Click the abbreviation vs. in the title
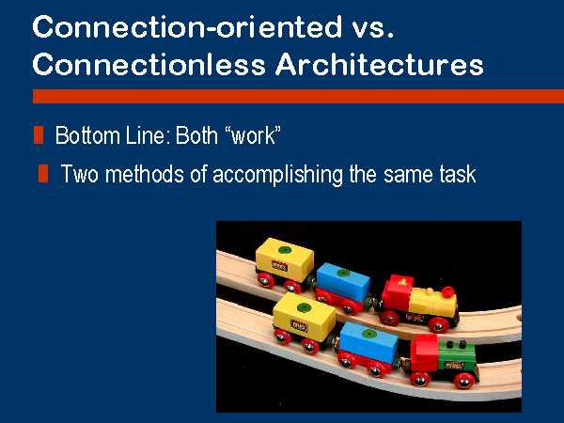[372, 28]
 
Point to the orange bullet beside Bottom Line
[39, 134]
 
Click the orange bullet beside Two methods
[43, 173]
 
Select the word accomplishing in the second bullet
[277, 175]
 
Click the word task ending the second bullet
[458, 173]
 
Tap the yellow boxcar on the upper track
[284, 259]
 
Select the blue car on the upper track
[343, 282]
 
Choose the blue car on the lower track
[368, 342]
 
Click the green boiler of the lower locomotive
[457, 358]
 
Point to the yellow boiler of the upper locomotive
[433, 303]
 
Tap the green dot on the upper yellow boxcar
[285, 250]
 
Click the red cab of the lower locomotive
[425, 352]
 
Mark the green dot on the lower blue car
[368, 334]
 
